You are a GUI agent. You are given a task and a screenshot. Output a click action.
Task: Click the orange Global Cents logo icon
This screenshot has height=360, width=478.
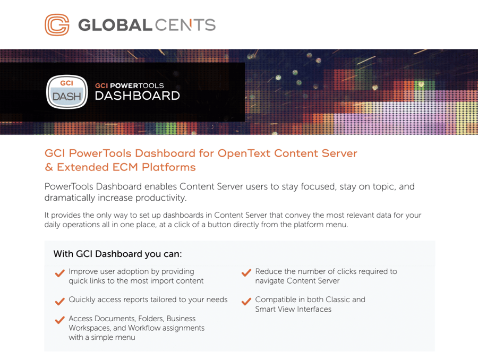(x=57, y=25)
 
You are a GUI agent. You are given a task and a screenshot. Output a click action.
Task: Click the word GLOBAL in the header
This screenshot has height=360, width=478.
(x=115, y=25)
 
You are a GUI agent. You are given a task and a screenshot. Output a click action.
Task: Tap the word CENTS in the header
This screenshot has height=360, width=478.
(x=185, y=25)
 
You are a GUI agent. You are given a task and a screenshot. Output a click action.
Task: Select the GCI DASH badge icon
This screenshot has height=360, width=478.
(x=67, y=92)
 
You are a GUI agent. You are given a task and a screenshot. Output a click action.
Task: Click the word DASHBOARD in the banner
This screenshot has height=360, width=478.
(x=137, y=96)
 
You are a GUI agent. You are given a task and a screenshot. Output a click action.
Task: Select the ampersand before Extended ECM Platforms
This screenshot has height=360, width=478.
(x=49, y=167)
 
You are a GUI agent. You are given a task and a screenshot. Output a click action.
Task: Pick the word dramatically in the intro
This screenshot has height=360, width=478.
(x=70, y=198)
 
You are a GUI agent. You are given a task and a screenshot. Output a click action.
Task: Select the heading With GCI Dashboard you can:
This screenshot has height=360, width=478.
(x=118, y=254)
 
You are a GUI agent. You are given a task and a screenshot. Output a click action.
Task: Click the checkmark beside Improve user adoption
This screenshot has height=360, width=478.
(x=59, y=273)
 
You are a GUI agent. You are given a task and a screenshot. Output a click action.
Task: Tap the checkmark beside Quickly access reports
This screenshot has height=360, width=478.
(x=59, y=301)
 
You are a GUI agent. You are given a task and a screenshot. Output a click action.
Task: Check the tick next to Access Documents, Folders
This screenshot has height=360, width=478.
(x=59, y=320)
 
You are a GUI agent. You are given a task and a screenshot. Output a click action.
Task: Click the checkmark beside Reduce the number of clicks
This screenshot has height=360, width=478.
(x=246, y=272)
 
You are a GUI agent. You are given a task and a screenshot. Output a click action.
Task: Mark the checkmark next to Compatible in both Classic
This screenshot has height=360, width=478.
(x=246, y=301)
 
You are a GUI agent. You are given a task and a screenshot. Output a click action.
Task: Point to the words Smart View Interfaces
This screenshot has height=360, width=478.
(x=293, y=309)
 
